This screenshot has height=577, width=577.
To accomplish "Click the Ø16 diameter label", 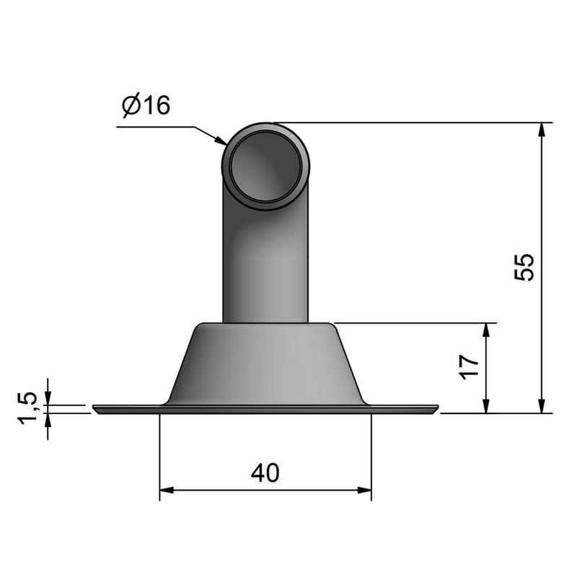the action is coord(146,105).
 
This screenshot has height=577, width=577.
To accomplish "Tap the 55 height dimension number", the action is coord(524,267).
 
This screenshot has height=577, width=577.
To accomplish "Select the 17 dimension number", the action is coord(470,367).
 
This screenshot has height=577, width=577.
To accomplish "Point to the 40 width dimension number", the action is coord(265,473).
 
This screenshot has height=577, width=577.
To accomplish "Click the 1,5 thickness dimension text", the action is coord(28,408).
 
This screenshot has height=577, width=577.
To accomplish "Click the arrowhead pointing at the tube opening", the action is coord(221,141).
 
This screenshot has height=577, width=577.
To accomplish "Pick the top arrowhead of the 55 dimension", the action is coord(541,130).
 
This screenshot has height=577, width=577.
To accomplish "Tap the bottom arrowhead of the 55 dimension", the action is coord(541,405).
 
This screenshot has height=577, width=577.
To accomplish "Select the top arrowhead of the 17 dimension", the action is coord(485,330).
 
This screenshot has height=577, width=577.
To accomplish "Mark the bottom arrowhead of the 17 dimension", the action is coord(485,405).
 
